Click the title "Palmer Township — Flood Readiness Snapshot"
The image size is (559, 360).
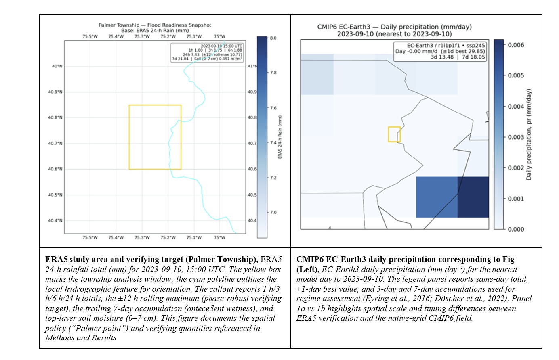[x=155, y=25]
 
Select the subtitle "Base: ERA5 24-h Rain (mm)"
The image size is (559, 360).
[x=155, y=30]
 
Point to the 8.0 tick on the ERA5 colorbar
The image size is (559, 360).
[x=273, y=38]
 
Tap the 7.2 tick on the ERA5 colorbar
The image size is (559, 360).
[x=273, y=178]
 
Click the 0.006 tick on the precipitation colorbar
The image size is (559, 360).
[x=516, y=45]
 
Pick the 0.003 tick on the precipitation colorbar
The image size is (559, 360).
[x=516, y=137]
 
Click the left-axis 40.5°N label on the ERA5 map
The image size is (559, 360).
[x=55, y=195]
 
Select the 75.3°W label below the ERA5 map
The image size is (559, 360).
[x=142, y=237]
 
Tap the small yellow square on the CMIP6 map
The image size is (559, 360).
[x=394, y=134]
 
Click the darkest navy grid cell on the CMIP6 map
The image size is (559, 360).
[x=473, y=197]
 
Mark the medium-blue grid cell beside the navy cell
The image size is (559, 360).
[x=437, y=197]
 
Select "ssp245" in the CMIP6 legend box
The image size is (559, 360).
[x=475, y=46]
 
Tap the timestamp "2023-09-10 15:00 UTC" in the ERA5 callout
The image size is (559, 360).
[x=221, y=46]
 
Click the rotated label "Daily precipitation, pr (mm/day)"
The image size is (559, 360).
[x=529, y=134]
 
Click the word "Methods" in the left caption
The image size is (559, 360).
[x=60, y=338]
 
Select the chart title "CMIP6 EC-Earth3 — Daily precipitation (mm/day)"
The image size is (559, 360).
[x=394, y=27]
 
